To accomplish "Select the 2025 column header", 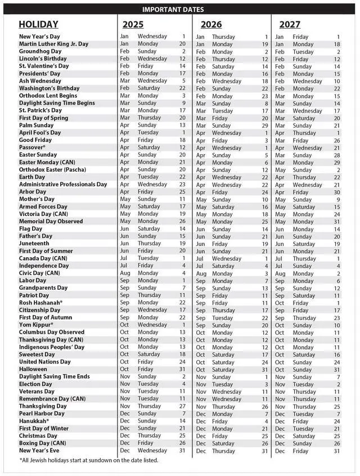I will point(133,25).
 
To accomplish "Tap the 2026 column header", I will point(211,25).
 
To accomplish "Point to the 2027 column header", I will point(289,25).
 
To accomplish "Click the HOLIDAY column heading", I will point(38,25).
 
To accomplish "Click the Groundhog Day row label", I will point(40,51).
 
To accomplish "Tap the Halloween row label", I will point(34,369).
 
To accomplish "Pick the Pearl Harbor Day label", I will point(42,414).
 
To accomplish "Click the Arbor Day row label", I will point(33,192).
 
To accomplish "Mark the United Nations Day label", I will point(45,362).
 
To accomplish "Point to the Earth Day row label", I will point(33,177).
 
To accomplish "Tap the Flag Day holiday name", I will point(30,229).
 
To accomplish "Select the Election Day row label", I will point(36,384).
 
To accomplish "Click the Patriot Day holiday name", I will point(34,295).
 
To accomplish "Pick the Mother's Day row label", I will point(37,199).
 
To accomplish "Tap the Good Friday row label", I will point(35,140).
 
